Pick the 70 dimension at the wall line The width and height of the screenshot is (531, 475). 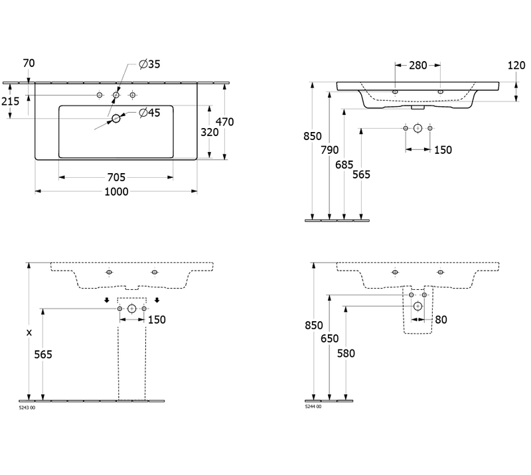pos(29,64)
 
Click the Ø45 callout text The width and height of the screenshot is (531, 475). pos(149,113)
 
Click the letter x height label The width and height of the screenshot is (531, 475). pos(29,332)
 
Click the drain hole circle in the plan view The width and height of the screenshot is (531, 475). pos(116,119)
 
